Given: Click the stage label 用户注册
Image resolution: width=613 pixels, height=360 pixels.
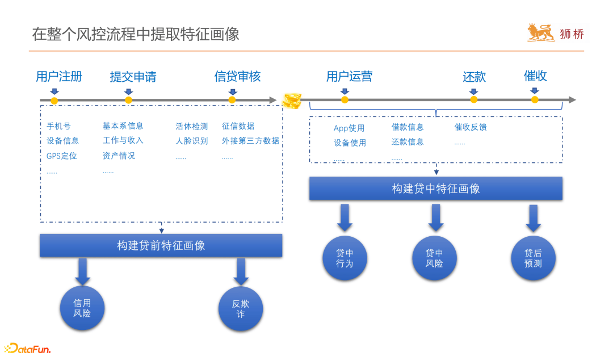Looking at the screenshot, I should pos(59,77).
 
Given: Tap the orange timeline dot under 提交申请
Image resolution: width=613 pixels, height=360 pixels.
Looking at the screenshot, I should pos(129,101).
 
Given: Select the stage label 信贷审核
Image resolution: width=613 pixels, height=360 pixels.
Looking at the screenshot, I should pos(237,77).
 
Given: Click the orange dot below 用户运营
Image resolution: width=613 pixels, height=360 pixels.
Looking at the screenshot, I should pos(345,100).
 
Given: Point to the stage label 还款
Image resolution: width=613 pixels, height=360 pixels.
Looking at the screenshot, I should pos(474,77).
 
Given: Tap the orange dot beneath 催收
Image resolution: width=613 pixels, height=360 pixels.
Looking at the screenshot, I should pos(535,100).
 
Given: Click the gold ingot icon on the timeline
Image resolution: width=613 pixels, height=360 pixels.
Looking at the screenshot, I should pos(292,101).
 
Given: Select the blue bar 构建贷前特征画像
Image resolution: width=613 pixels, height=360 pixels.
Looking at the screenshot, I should pos(161,245).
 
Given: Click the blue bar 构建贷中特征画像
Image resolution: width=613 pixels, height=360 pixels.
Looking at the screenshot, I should pos(435,189).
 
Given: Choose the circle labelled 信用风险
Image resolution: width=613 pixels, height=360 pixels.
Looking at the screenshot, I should pos(82,308).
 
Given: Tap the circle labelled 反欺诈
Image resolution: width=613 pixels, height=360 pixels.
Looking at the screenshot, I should pos(241,308).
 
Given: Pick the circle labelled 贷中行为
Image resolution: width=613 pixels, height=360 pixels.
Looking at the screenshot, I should pos(345,259).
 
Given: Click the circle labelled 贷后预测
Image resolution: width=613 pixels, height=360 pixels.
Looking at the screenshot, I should pos(533,259).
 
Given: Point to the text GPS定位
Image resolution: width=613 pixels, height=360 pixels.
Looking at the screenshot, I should pos(62,156).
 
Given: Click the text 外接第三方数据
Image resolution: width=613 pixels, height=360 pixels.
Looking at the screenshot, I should pos(250,141).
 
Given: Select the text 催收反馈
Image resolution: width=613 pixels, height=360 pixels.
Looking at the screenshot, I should pos(471,127).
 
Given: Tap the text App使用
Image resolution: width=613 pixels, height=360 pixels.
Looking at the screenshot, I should pos(349,128).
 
